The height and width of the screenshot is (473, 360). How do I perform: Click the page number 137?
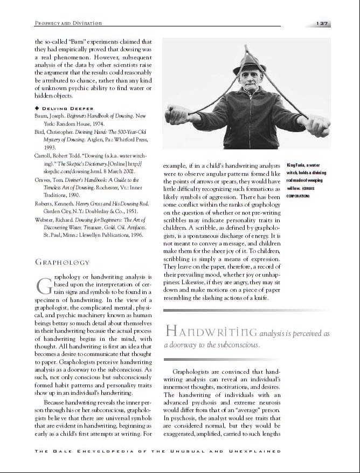click(x=323, y=24)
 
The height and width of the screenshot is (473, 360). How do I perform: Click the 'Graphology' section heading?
click(x=62, y=263)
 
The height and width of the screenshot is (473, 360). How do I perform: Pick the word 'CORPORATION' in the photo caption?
click(x=297, y=196)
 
